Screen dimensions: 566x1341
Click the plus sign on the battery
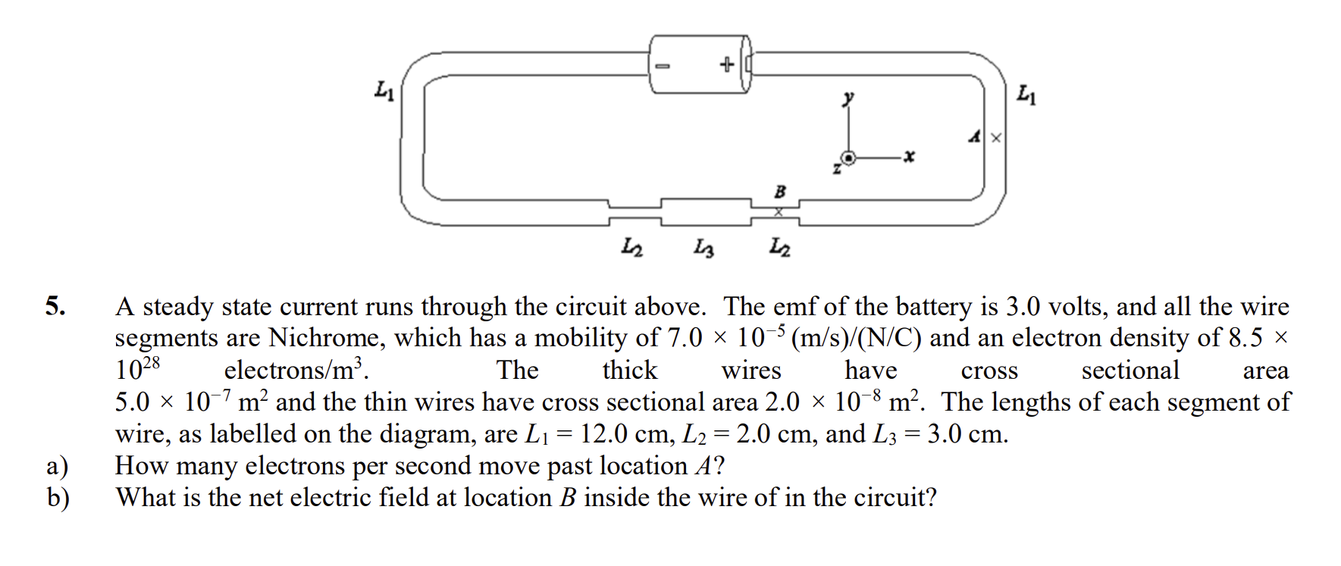(726, 64)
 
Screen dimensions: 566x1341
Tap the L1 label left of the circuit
(384, 92)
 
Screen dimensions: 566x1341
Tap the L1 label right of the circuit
(1026, 95)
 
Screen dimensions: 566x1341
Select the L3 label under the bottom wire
(704, 248)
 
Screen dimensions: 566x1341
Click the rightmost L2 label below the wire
(780, 247)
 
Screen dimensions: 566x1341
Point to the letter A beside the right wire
(976, 137)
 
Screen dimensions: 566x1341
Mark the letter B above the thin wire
(779, 192)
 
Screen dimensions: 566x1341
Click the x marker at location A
(996, 138)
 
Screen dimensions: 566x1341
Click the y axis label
(849, 98)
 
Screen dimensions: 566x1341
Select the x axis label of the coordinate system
(909, 157)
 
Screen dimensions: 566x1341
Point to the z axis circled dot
(849, 158)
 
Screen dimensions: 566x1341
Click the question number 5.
(55, 306)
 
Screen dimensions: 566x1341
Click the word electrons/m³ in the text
(296, 370)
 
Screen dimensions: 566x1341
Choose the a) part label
(58, 466)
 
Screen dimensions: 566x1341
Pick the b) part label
(58, 498)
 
